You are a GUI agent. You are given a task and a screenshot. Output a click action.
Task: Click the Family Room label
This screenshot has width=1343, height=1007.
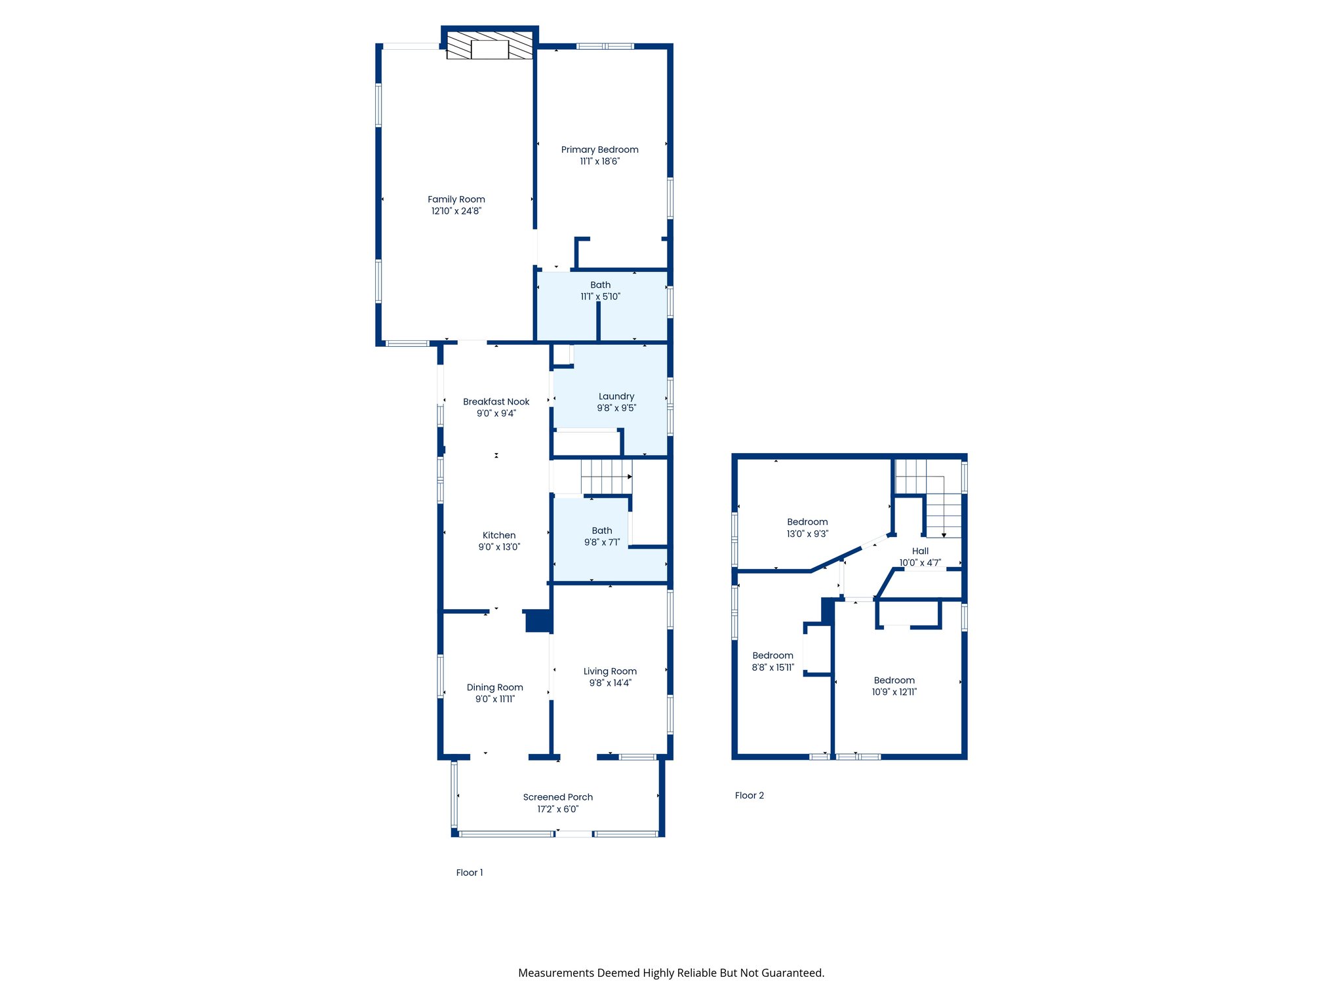456,199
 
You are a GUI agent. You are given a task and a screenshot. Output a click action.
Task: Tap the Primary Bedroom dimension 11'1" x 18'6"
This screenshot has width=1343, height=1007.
599,161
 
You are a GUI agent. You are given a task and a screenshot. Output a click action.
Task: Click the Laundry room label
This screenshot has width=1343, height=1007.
616,396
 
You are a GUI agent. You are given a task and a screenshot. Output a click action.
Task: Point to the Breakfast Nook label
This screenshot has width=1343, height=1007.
496,402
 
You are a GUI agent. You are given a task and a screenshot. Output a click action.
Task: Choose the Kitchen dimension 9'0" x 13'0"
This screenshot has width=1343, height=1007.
498,547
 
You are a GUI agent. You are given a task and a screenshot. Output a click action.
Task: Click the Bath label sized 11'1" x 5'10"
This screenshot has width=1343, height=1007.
600,285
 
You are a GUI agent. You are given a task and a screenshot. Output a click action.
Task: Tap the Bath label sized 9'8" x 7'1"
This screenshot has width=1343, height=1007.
601,530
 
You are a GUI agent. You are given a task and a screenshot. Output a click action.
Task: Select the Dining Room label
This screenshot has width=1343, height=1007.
494,687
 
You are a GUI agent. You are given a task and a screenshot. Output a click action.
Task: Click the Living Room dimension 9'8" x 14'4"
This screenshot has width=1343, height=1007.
610,683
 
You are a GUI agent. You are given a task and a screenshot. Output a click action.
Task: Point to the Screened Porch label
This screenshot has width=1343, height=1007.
557,797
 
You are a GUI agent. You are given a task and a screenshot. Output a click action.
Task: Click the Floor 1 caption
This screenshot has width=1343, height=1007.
469,873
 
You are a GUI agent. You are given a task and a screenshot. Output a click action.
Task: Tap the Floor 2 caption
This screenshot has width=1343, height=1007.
749,795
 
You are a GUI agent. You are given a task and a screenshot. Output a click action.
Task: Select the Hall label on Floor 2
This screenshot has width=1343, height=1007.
919,551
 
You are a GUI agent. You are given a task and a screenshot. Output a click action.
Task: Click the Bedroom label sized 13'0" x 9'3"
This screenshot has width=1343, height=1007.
807,522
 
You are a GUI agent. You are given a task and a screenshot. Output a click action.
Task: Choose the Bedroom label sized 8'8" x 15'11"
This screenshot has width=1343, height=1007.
772,656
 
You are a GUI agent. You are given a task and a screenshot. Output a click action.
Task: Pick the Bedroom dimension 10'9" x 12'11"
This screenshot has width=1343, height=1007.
894,692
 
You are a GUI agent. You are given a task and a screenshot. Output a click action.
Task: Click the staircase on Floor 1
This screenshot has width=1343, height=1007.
606,477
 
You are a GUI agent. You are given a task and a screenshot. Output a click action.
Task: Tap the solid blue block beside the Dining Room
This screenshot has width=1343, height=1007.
538,621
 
